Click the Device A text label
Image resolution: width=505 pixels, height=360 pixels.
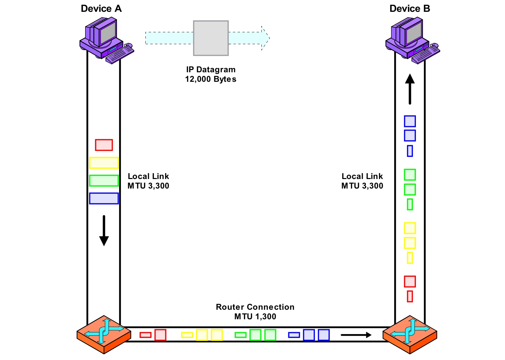[x=101, y=9]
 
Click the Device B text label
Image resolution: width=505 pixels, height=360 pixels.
[x=409, y=9]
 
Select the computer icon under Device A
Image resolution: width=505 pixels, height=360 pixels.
[x=102, y=38]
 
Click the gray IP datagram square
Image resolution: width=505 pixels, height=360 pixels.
[x=211, y=38]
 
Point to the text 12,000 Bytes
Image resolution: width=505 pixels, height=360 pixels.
[x=211, y=79]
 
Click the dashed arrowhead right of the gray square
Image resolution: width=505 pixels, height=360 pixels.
[x=265, y=38]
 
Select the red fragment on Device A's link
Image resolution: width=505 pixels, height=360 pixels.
[x=104, y=145]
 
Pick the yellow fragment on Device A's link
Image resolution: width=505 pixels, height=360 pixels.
[x=104, y=163]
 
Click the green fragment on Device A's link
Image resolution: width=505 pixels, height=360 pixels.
[x=104, y=181]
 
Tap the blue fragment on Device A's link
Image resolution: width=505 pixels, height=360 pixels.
[x=104, y=198]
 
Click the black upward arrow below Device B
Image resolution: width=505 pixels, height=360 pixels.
[x=410, y=89]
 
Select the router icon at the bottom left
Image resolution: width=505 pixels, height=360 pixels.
[x=104, y=334]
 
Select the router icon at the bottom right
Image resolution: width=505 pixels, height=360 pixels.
[x=410, y=334]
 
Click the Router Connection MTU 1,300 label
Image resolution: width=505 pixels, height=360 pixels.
[x=255, y=312]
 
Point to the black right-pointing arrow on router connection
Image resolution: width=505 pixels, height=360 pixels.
[x=356, y=335]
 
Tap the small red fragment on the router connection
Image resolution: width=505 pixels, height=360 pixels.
[x=145, y=335]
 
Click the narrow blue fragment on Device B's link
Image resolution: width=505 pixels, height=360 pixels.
[x=410, y=151]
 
